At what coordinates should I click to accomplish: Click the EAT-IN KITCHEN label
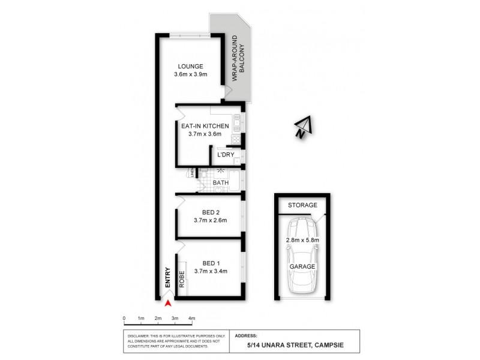pos(205,125)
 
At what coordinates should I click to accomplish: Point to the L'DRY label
pos(226,155)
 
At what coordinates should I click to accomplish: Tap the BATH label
pos(220,182)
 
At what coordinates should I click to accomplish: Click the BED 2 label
pos(210,211)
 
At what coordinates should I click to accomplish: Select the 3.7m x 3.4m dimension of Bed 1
pos(210,272)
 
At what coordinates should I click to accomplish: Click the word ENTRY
pos(168,277)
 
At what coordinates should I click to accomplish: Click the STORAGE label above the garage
pos(302,205)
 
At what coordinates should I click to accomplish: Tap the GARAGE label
pos(302,266)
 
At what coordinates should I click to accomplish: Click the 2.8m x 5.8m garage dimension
pos(302,241)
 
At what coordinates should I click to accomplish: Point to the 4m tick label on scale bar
pos(192,318)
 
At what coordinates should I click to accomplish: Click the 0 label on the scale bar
pos(124,318)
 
